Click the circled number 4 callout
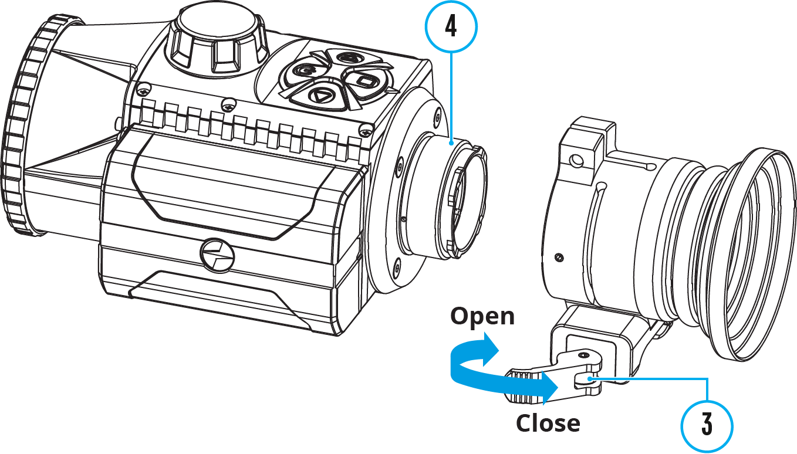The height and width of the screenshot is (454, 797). click(450, 27)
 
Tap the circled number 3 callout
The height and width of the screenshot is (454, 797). click(707, 426)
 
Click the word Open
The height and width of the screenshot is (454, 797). click(482, 317)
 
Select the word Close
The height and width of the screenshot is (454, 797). click(548, 423)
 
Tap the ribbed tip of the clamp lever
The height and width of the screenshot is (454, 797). click(520, 387)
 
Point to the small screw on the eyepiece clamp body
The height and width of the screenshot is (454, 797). click(559, 257)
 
